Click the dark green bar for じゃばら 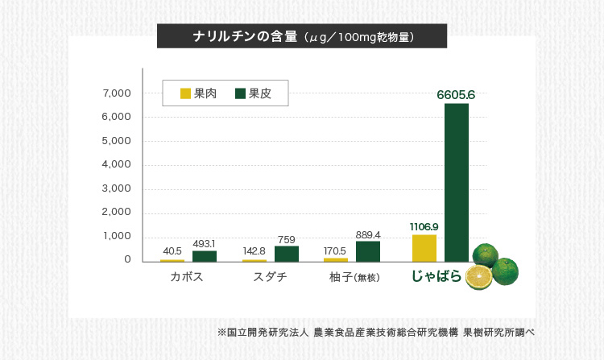click(x=456, y=182)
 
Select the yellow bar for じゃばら click(x=424, y=248)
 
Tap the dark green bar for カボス click(x=205, y=256)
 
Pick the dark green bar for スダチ click(x=287, y=254)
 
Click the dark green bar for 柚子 click(x=368, y=251)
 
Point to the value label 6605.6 click(x=456, y=95)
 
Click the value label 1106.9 click(x=424, y=226)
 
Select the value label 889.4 click(x=368, y=234)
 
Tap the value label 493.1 click(x=205, y=243)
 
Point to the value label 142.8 click(x=254, y=251)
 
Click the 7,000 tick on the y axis click(x=117, y=93)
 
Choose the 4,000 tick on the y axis click(x=117, y=164)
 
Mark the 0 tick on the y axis click(x=127, y=259)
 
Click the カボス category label click(x=186, y=277)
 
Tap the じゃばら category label click(x=436, y=276)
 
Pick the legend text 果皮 click(x=259, y=93)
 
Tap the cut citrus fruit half click(x=479, y=278)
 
